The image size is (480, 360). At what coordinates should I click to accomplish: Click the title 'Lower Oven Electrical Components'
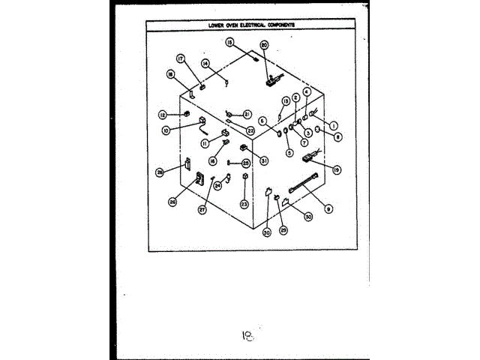[251, 25]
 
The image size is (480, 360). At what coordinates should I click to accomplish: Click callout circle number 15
[230, 42]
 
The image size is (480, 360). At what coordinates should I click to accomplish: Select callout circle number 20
[264, 45]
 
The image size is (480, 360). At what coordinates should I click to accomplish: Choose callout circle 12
[162, 115]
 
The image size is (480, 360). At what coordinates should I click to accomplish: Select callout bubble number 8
[338, 137]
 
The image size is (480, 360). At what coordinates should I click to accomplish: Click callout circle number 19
[337, 170]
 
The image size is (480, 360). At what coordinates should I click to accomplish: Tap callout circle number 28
[160, 172]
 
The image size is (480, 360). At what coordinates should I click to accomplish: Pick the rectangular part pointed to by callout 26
[200, 179]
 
